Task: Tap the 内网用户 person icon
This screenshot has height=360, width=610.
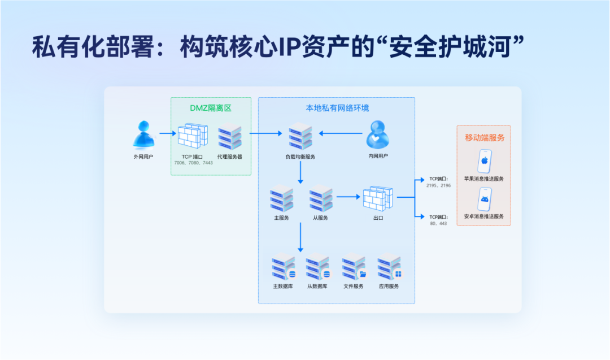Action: (377, 135)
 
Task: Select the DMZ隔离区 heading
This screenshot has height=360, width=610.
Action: (211, 107)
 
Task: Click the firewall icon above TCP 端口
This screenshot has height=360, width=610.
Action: (193, 136)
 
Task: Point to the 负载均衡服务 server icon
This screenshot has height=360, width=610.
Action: (300, 137)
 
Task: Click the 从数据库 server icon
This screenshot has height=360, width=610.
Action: (317, 268)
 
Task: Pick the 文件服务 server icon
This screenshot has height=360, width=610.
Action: (354, 268)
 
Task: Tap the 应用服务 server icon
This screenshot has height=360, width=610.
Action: (389, 268)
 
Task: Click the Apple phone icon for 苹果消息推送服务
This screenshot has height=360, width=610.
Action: (484, 161)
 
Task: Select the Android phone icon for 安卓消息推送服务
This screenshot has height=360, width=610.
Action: (484, 199)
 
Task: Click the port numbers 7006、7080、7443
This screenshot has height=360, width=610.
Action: (194, 163)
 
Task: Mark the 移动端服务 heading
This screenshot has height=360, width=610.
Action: (484, 137)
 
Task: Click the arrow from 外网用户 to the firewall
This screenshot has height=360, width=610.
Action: (168, 134)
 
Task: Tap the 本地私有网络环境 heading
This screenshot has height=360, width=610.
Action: (337, 107)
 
